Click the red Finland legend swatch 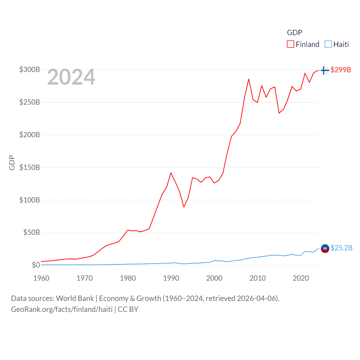pos(290,44)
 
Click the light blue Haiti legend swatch pos(328,44)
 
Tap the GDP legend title pos(294,33)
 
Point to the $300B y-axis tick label pos(30,69)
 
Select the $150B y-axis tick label pos(30,167)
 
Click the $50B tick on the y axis pos(31,232)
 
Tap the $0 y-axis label pos(36,265)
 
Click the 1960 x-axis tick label pos(41,278)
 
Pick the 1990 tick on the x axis pos(171,278)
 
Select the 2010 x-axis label pos(258,278)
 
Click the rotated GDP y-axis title pos(12,163)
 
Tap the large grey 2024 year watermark pos(71,77)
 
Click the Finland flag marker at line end pos(325,70)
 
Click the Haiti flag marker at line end pos(325,248)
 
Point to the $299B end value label pos(341,70)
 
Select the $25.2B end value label pos(341,248)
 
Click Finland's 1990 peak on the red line pos(171,173)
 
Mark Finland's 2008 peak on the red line pos(249,79)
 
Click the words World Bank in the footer pos(75,298)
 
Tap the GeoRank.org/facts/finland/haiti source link pos(62,309)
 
